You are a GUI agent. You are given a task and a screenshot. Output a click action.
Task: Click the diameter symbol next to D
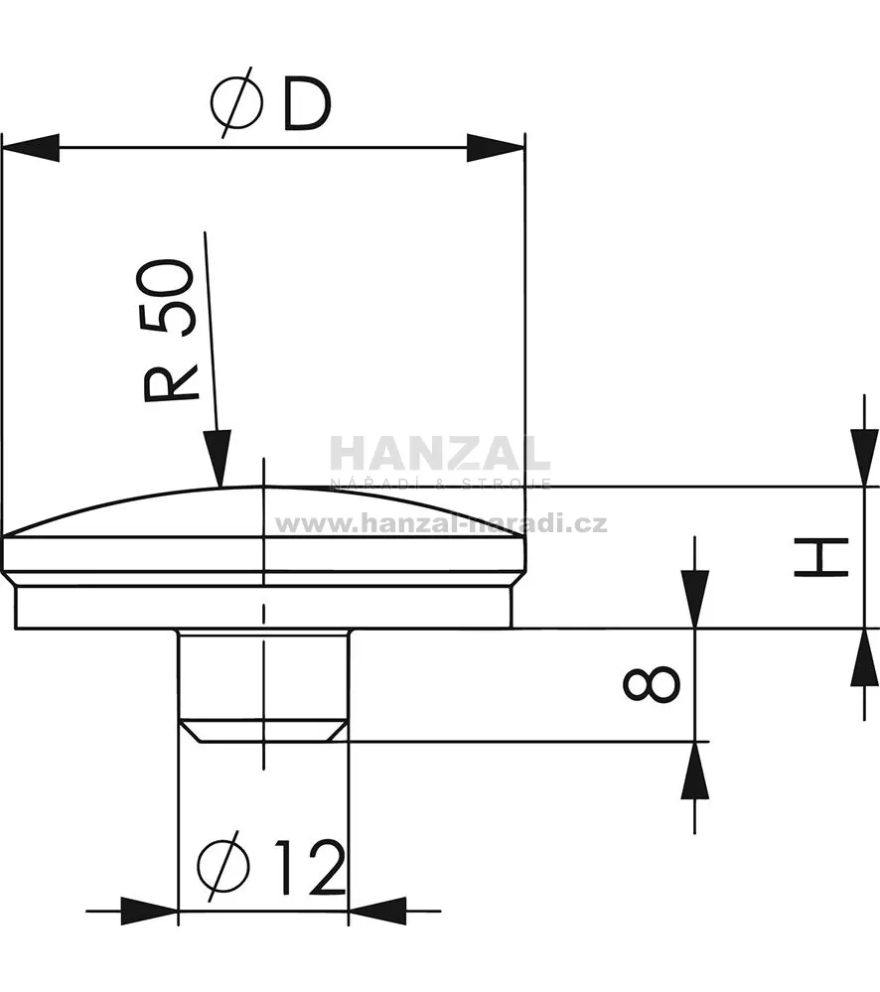236,103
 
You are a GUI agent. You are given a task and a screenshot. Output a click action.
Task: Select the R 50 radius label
168,331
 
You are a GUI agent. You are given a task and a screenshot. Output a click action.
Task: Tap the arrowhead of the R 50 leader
217,459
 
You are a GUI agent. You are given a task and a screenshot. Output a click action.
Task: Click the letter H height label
820,557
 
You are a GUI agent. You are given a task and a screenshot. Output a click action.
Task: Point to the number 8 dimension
651,683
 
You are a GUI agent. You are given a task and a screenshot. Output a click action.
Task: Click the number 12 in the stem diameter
310,867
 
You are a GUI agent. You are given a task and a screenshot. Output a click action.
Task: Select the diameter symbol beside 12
222,866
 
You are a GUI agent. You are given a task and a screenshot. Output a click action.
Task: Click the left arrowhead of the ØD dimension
31,148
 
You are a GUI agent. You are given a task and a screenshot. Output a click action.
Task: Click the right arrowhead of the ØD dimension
496,148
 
